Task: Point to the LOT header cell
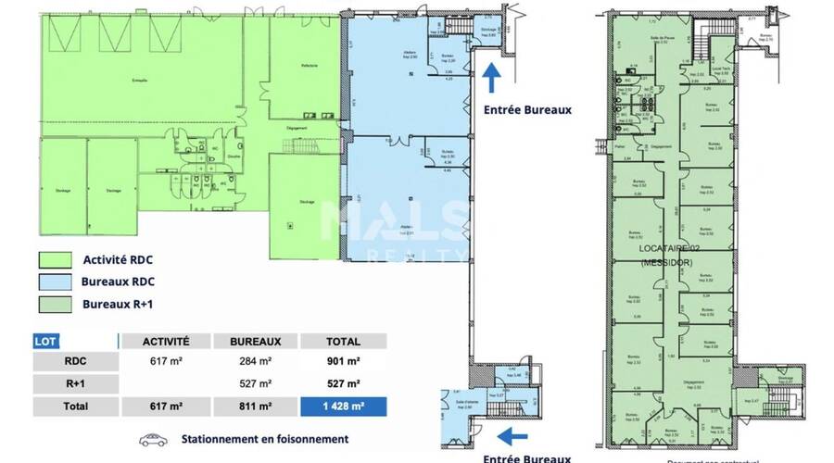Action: pos(44,341)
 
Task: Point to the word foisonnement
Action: pos(310,439)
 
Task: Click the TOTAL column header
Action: pos(341,341)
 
